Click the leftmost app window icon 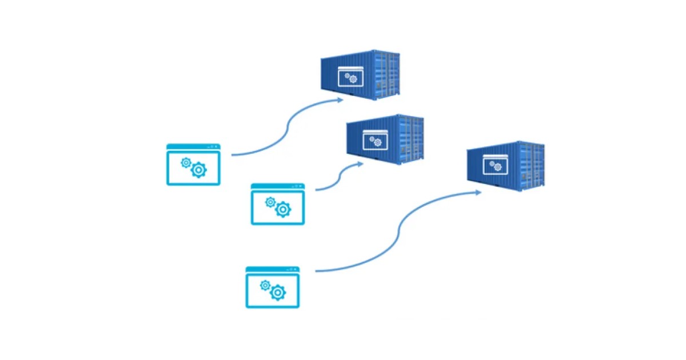pos(193,165)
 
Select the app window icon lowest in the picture pos(272,287)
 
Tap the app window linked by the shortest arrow pos(278,204)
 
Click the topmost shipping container pos(360,75)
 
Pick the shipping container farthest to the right pos(505,166)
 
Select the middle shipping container pos(385,139)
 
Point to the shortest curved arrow pos(337,177)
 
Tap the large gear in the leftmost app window pos(198,169)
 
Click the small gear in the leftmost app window pos(186,162)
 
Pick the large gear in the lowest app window pos(278,293)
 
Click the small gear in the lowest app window pos(265,285)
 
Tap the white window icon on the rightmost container pos(495,165)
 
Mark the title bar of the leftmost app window pos(193,147)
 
